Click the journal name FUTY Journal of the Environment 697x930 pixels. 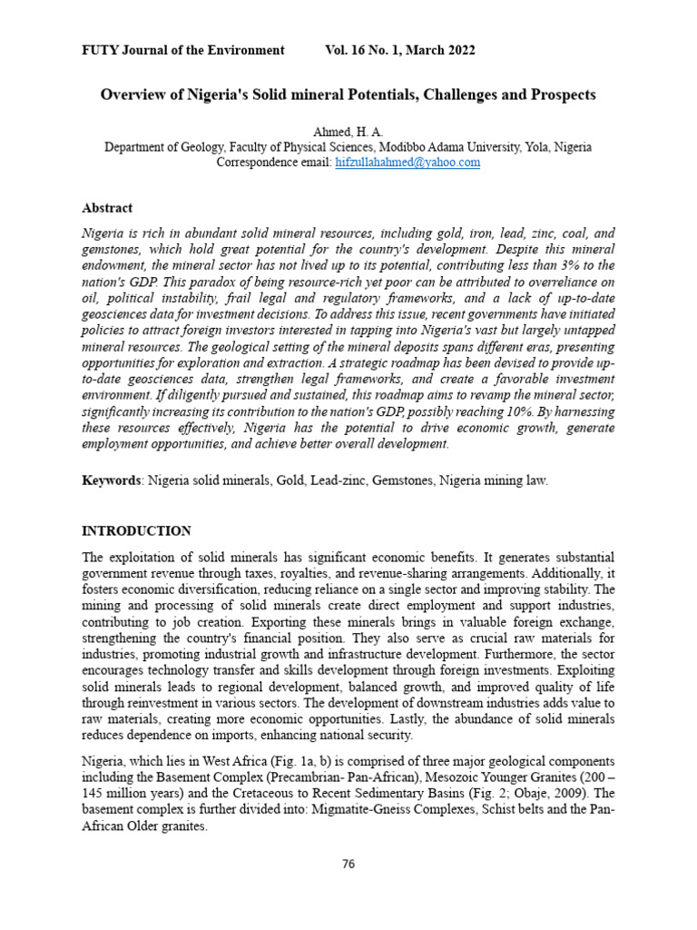coord(183,50)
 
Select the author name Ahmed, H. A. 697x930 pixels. coord(348,133)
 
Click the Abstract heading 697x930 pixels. coord(107,208)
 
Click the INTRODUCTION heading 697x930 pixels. coord(137,531)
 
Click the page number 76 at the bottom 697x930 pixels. coord(348,864)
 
